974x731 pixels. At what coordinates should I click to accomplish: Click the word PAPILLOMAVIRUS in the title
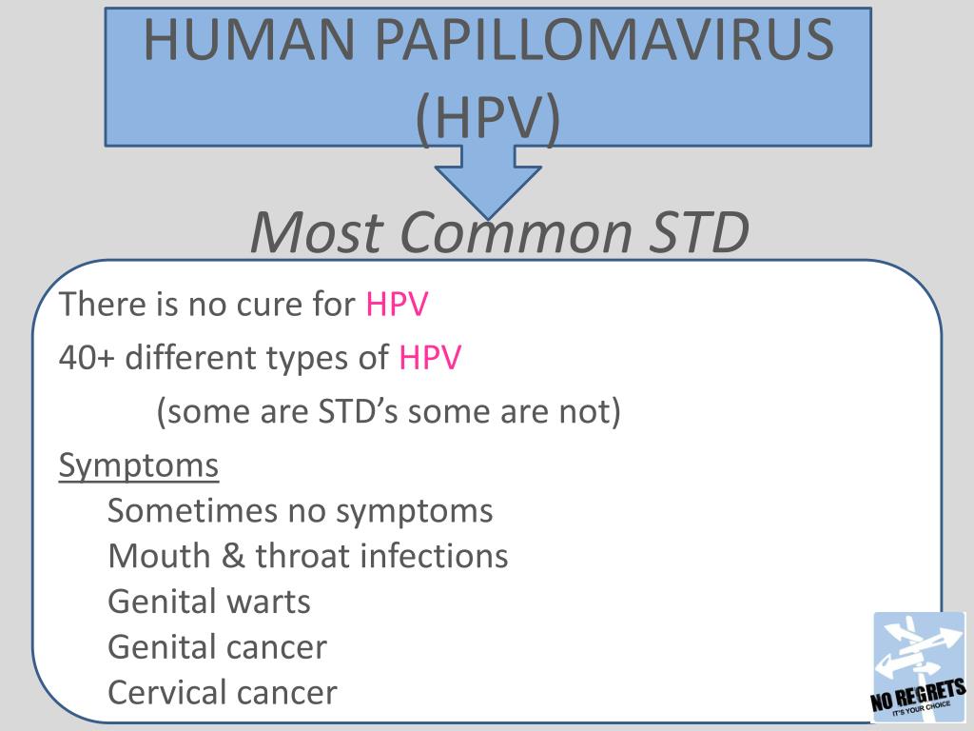[604, 40]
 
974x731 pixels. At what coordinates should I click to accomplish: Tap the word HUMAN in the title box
[249, 40]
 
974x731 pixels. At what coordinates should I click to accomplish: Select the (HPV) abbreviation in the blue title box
[488, 118]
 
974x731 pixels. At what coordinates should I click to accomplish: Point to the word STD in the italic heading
[699, 232]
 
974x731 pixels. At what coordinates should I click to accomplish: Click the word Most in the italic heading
[316, 232]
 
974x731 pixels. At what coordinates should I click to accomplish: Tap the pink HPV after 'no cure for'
[397, 305]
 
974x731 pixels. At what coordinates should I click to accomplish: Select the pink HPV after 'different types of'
[430, 358]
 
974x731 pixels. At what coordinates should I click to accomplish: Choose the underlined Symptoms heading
[139, 465]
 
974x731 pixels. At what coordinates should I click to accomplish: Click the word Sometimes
[192, 511]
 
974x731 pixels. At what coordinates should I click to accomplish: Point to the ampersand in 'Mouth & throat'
[233, 556]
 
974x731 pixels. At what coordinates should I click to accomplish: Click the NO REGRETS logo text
[918, 695]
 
